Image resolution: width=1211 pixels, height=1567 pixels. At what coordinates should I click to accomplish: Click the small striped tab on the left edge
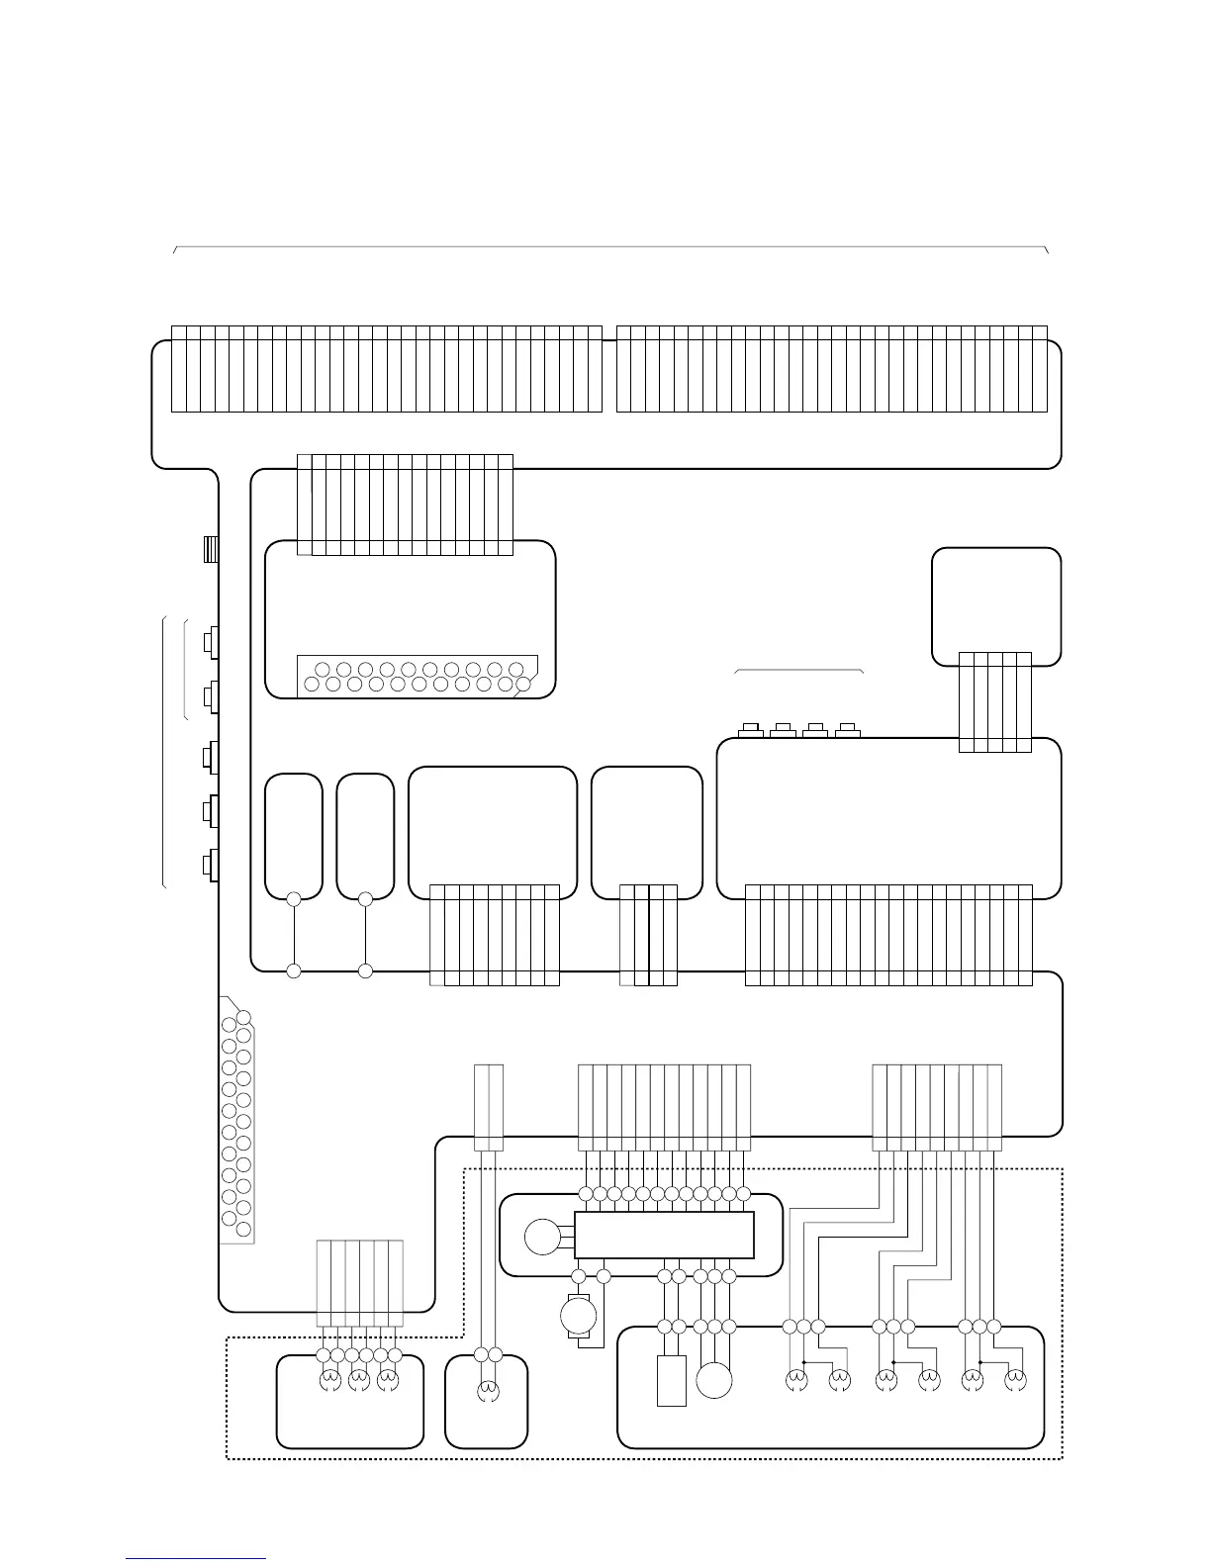point(210,549)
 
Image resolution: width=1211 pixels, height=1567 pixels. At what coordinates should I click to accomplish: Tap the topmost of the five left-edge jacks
point(210,642)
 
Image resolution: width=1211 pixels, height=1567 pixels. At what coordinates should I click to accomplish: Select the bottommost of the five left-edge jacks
point(210,865)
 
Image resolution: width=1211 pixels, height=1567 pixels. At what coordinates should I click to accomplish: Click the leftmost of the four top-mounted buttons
point(750,731)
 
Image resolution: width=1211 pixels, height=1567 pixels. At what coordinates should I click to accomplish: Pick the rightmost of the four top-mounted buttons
point(846,731)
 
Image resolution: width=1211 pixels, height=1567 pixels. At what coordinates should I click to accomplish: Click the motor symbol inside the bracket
point(578,1317)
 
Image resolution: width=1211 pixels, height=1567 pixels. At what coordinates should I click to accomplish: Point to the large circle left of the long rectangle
point(542,1237)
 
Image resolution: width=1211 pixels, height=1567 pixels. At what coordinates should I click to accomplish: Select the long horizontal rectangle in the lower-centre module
point(664,1235)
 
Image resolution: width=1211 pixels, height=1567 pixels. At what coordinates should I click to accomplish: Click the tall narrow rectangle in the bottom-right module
point(671,1380)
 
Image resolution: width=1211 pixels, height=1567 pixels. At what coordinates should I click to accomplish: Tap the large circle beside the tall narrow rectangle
point(714,1380)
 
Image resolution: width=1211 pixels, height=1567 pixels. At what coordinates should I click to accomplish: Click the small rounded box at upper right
point(996,605)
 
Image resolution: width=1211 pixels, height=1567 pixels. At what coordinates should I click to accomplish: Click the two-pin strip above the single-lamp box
point(489,1107)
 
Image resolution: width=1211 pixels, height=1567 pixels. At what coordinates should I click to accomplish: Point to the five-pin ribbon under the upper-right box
point(995,701)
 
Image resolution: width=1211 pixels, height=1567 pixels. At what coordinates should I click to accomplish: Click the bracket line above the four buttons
point(799,671)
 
